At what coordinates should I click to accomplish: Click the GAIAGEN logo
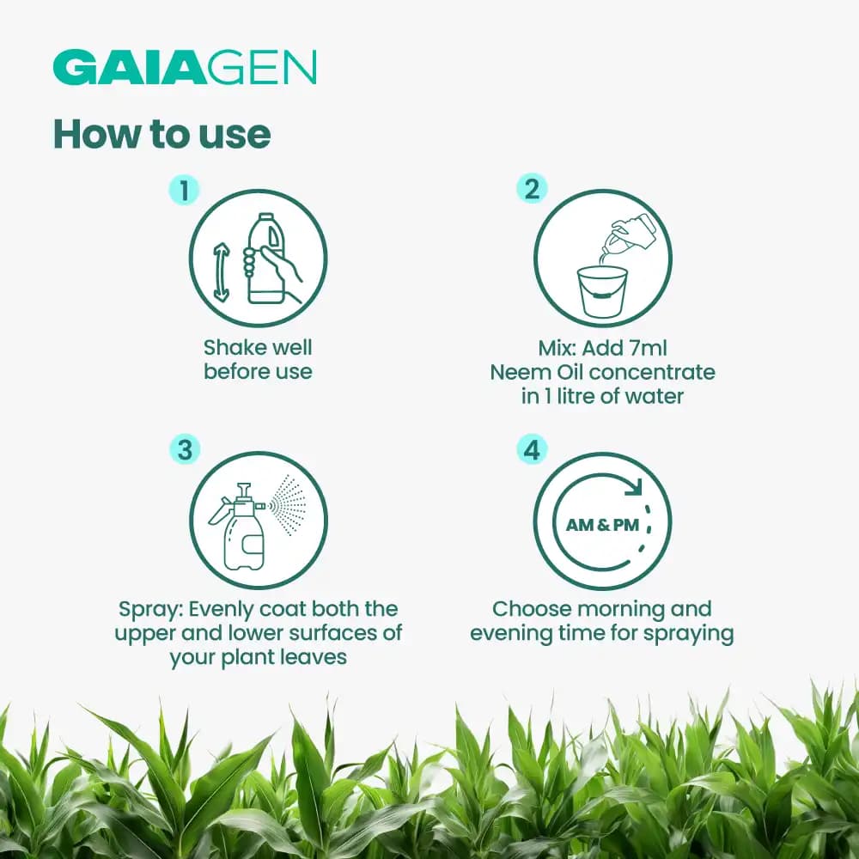(185, 68)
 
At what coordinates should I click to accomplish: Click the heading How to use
(161, 133)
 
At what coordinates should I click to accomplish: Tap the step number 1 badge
(184, 190)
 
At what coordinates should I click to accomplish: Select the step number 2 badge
(532, 188)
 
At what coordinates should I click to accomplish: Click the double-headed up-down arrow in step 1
(222, 271)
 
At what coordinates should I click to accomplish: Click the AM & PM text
(602, 524)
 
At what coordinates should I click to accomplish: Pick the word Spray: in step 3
(150, 610)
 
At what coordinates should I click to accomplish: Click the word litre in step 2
(578, 397)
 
